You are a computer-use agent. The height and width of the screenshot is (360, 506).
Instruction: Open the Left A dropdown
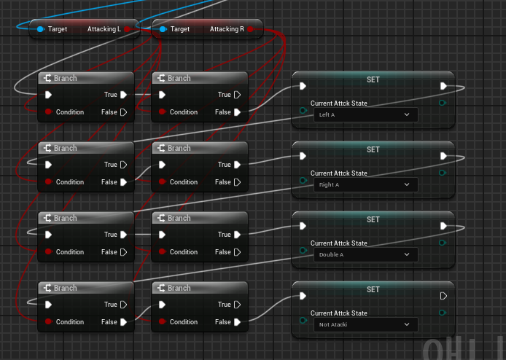click(x=365, y=114)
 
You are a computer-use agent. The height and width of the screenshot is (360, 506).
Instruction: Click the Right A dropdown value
click(x=365, y=184)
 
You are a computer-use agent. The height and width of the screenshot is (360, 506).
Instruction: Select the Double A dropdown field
click(x=365, y=254)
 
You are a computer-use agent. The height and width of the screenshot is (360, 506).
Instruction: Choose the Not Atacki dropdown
click(x=365, y=324)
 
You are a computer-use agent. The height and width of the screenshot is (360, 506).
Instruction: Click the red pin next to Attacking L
click(x=128, y=29)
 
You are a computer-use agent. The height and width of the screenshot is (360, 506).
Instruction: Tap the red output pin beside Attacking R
click(x=251, y=29)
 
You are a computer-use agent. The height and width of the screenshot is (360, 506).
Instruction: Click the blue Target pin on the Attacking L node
click(x=41, y=29)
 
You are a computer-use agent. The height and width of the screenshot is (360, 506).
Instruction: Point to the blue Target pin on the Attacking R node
click(x=163, y=29)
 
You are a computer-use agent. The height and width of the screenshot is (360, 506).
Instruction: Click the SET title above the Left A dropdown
click(x=373, y=79)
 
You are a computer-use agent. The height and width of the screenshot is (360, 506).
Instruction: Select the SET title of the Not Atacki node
click(x=373, y=289)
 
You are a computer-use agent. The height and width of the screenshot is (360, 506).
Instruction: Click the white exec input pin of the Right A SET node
click(x=303, y=156)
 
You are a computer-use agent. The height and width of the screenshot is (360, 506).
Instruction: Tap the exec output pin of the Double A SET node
click(x=443, y=226)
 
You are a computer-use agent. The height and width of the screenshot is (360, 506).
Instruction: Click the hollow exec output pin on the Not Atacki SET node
click(x=443, y=296)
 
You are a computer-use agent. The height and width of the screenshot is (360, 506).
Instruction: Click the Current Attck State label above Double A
click(x=339, y=243)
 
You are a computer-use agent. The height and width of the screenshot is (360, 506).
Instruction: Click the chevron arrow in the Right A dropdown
click(x=407, y=184)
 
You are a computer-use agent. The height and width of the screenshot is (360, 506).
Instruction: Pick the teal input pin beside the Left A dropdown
click(x=303, y=110)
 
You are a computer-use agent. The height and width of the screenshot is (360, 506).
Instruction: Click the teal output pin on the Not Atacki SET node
click(x=443, y=313)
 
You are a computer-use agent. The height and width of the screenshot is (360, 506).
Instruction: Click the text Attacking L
click(x=104, y=29)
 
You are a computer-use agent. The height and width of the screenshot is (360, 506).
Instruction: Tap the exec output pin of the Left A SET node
click(x=443, y=86)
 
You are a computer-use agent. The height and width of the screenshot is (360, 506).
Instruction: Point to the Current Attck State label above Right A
click(x=339, y=173)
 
